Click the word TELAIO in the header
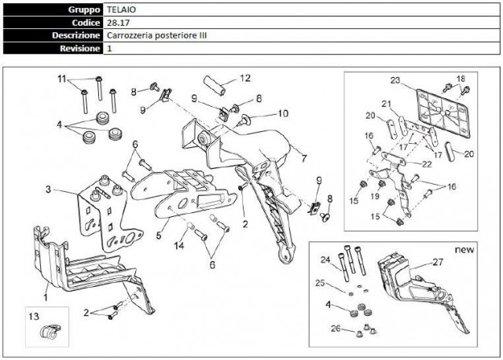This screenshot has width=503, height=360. coord(121,10)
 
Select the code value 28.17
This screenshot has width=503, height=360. coord(117,23)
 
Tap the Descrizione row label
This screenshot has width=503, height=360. coord(75,35)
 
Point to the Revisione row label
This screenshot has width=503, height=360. coord(80,48)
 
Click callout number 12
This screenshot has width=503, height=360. coord(245,78)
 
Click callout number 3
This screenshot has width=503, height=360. coord(49,189)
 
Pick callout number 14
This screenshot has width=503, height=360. coord(179,247)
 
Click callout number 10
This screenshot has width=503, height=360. coord(283,113)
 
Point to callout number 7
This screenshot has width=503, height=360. coord(303,148)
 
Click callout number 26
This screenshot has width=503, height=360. coord(336,329)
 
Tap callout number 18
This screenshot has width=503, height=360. coord(461,78)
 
